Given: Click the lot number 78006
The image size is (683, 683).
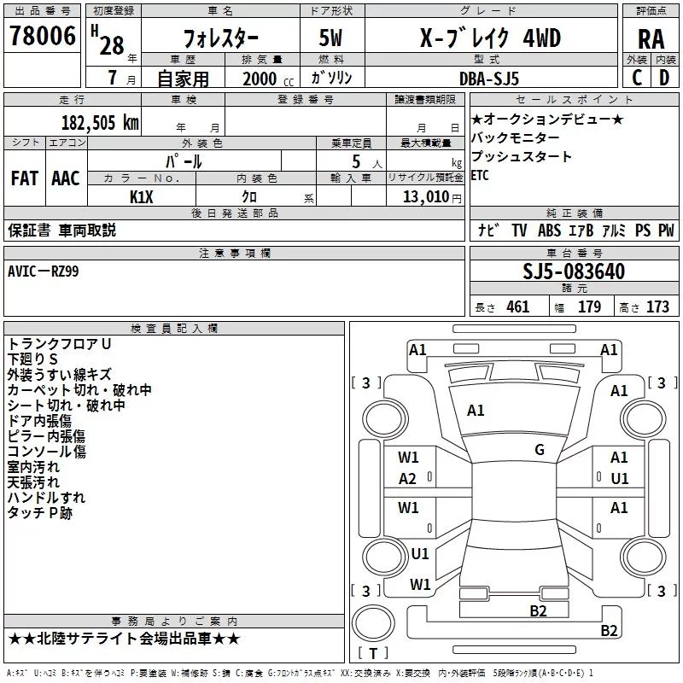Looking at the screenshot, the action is [x=43, y=35].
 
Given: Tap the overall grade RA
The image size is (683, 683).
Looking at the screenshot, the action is [x=651, y=39].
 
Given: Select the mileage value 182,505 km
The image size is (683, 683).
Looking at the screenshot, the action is [x=100, y=123].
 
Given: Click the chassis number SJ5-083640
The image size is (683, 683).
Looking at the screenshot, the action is [x=574, y=271].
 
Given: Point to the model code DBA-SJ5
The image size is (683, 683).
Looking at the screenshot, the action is [x=489, y=79].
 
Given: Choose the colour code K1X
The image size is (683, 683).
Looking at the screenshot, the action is [x=142, y=197].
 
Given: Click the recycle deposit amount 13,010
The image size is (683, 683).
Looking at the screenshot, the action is [x=426, y=197].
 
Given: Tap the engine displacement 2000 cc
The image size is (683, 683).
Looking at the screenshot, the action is [x=268, y=79].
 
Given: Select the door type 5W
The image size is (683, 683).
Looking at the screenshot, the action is [x=330, y=38].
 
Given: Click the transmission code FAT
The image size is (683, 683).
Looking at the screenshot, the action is [x=25, y=178].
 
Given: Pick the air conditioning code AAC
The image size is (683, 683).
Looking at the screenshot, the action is [x=66, y=178].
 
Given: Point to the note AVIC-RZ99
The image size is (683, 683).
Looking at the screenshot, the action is [x=44, y=271].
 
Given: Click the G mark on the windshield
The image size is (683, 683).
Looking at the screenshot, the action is [x=540, y=450].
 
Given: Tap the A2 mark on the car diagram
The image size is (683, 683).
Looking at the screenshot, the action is [x=408, y=479].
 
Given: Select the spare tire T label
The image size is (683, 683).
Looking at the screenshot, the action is [x=373, y=653].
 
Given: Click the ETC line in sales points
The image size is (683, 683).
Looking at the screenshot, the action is [x=480, y=175].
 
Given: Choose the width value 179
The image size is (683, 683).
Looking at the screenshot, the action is [x=589, y=306].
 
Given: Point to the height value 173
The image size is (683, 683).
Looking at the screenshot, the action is [x=657, y=306].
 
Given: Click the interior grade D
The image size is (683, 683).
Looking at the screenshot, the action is [x=664, y=78].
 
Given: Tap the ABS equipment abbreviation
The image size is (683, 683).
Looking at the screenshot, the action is [x=549, y=231].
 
